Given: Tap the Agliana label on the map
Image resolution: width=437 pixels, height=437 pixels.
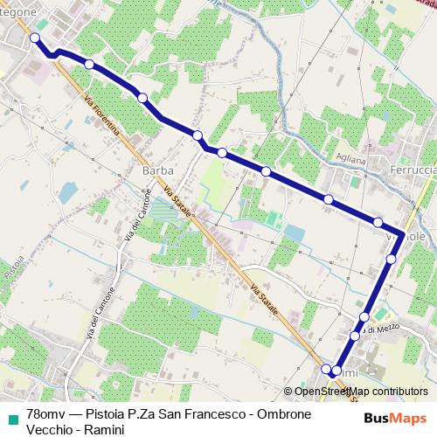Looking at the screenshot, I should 350,159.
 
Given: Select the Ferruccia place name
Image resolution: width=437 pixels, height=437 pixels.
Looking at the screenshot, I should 413,170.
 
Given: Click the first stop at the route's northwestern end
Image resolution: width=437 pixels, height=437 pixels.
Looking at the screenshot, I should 35,38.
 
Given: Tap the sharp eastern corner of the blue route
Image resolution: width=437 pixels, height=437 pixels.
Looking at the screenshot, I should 401,234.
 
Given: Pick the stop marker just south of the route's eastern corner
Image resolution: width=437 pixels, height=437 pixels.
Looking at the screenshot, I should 391,259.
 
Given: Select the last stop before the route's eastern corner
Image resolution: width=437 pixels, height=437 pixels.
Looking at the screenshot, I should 378,222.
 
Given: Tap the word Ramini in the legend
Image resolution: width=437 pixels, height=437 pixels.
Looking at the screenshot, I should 101,429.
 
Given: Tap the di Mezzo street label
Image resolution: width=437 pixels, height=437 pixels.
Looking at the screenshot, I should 384,329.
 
